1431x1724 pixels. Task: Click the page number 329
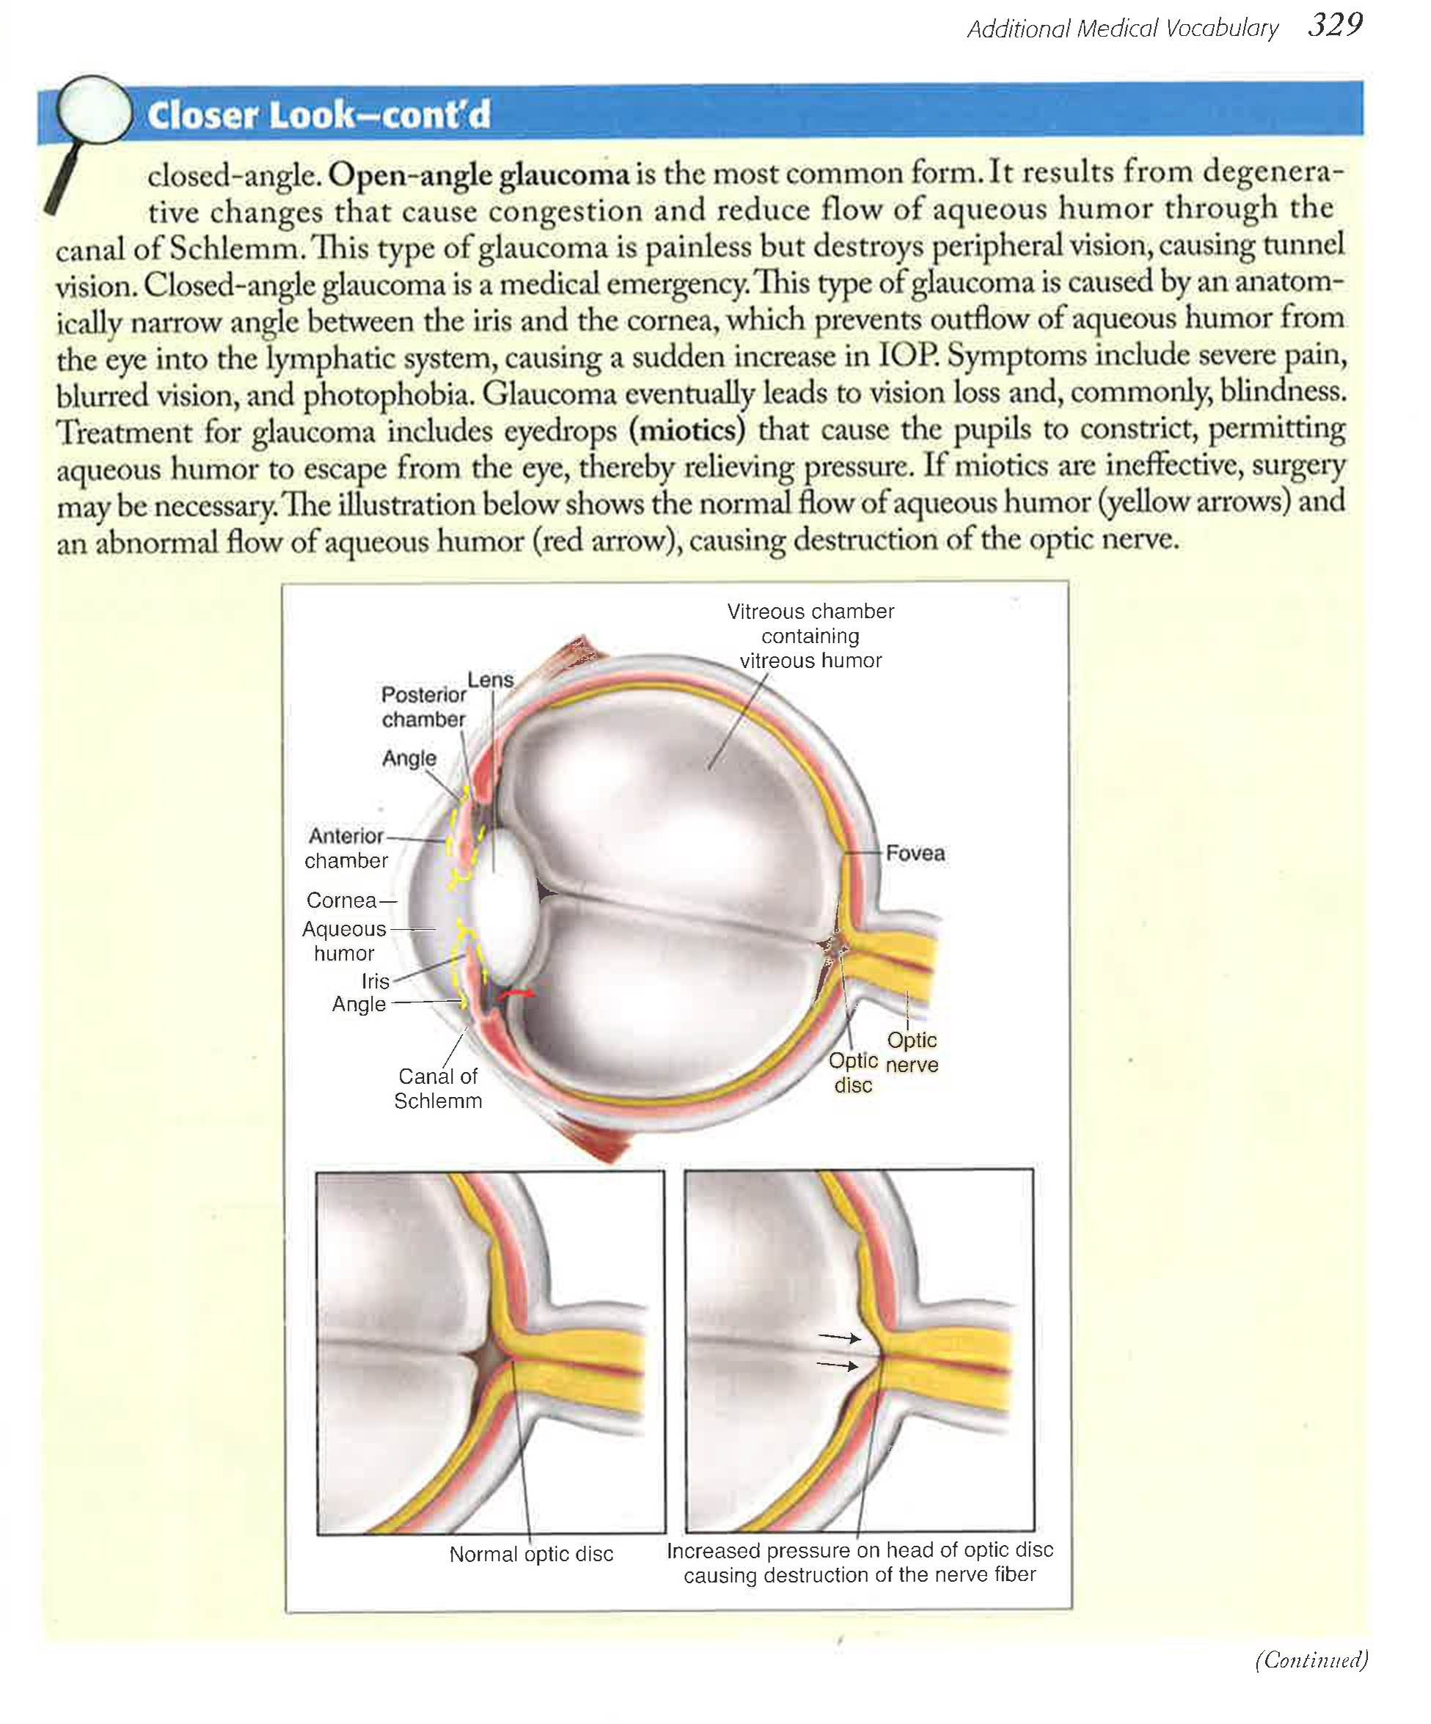coord(1335,26)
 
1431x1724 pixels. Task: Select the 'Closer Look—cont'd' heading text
coord(318,115)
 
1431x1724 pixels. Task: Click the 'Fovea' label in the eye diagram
coord(915,854)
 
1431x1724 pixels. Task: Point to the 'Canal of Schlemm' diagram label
coord(438,1088)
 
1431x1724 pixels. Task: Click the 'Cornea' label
coord(342,900)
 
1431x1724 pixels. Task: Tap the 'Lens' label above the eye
coord(490,680)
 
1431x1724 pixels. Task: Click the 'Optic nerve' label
coord(911,1052)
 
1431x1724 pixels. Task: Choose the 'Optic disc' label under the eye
coord(853,1073)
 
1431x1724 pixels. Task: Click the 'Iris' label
coord(376,981)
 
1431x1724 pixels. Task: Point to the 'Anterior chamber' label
coord(345,848)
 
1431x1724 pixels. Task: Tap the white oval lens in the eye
coord(505,911)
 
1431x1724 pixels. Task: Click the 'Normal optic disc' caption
coord(531,1554)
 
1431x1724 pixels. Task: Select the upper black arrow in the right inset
coord(839,1338)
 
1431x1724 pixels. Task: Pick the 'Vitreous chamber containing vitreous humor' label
coord(810,637)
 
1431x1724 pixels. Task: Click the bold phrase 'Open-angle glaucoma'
coord(481,175)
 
